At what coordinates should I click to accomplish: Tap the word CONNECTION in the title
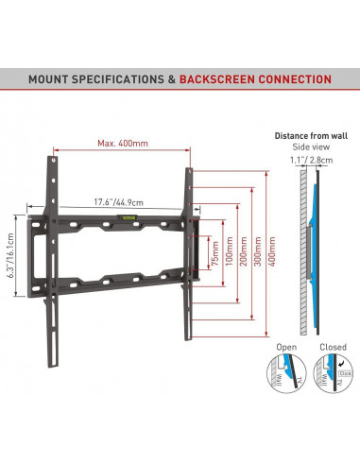[296, 79]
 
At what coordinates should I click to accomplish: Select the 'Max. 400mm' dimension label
[120, 143]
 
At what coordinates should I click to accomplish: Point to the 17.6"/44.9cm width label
[117, 201]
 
